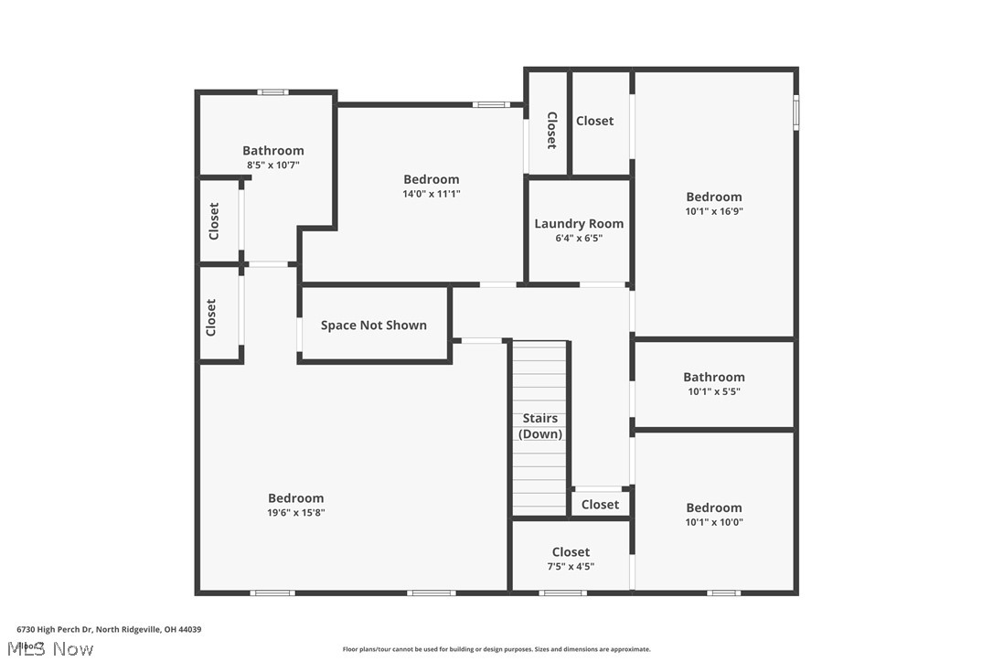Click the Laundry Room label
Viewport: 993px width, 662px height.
579,224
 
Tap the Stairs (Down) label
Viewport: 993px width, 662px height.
540,426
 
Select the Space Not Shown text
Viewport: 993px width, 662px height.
373,326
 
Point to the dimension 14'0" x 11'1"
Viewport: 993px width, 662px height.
431,194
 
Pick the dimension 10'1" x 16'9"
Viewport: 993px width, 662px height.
714,211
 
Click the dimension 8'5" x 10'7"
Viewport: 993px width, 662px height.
272,165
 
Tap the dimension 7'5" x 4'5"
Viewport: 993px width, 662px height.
571,566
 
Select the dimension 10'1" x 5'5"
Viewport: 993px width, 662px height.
714,391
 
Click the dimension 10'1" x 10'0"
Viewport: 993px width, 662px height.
714,522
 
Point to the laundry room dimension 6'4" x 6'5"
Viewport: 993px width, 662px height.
579,239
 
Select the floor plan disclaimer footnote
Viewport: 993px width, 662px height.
496,649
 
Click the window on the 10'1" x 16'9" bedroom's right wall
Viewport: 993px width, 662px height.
795,112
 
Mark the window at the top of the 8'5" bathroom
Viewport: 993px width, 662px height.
272,91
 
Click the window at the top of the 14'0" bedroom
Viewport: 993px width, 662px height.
490,104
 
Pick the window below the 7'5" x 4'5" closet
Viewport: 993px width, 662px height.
562,593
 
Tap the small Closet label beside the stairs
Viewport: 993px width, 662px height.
600,505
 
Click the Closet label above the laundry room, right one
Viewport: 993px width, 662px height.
594,121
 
